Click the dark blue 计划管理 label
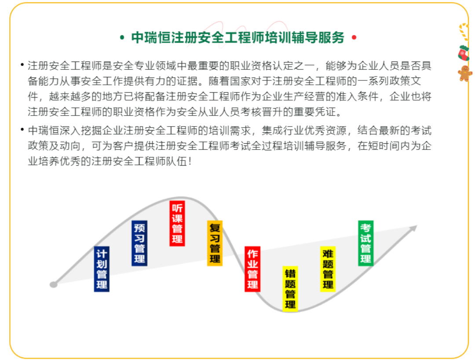point(102,269)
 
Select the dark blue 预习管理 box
point(139,243)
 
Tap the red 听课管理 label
point(177,223)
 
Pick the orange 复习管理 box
point(215,243)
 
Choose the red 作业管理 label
point(252,269)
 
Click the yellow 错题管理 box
point(290,289)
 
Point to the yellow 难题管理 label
point(328,269)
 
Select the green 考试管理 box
point(365,243)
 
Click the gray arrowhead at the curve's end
point(413,229)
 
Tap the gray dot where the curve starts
point(54,284)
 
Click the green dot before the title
point(122,37)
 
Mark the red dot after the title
point(354,37)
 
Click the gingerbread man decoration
point(465,73)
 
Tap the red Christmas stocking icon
point(464,53)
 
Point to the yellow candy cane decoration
point(464,32)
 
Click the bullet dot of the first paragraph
point(22,65)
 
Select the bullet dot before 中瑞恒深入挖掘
point(22,130)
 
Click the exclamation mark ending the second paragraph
point(190,161)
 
